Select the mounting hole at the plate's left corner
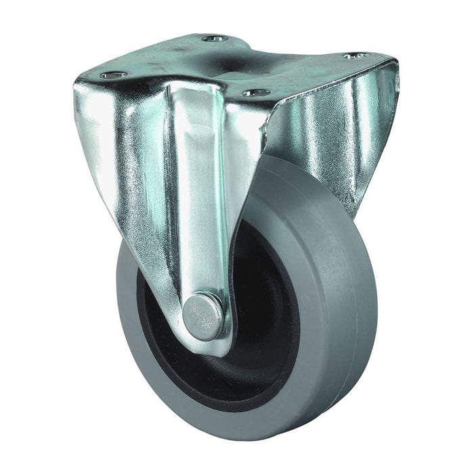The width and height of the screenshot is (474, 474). coord(114,74)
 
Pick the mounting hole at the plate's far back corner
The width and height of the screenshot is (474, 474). coord(215,39)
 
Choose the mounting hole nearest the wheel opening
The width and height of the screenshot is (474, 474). coord(256,92)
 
